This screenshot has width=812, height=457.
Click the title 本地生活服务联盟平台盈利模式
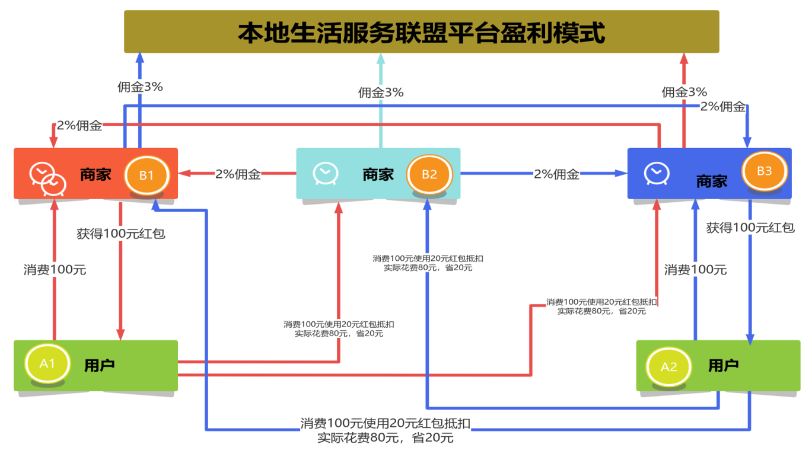tap(421, 33)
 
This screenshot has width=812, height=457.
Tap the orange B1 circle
tap(147, 175)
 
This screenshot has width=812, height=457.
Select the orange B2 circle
tap(429, 174)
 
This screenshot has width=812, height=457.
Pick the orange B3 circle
tap(765, 171)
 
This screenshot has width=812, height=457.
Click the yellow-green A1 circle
tap(47, 363)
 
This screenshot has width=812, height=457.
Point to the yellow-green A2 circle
tap(668, 366)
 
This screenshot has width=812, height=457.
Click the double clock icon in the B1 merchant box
tap(47, 177)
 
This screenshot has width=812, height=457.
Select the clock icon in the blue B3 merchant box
tap(657, 173)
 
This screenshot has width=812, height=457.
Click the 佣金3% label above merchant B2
tap(381, 92)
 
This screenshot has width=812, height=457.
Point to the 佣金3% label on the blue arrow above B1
tap(140, 87)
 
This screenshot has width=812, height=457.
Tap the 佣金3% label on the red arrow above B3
tap(684, 92)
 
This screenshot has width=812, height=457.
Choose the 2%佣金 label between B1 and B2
tap(238, 174)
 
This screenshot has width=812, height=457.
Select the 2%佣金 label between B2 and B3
tap(556, 174)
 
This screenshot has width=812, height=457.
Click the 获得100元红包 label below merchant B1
tap(121, 234)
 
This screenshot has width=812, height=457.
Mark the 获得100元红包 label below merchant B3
tap(750, 228)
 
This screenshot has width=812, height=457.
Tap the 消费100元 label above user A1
tap(55, 270)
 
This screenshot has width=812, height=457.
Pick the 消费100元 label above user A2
tap(695, 270)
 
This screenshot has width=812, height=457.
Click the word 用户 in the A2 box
tap(724, 365)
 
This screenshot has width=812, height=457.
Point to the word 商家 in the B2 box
tap(378, 174)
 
